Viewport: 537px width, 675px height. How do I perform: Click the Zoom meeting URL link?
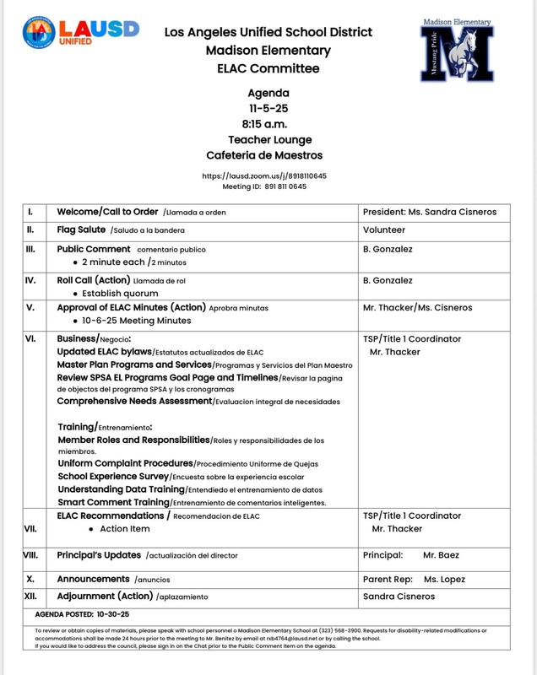pyautogui.click(x=264, y=175)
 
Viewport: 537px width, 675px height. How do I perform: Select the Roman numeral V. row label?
pyautogui.click(x=30, y=307)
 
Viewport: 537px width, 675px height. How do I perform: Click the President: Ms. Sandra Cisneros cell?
pyautogui.click(x=430, y=212)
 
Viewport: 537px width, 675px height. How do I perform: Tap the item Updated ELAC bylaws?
pyautogui.click(x=105, y=351)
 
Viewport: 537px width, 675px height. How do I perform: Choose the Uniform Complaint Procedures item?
pyautogui.click(x=125, y=463)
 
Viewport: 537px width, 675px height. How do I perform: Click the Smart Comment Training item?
pyautogui.click(x=118, y=502)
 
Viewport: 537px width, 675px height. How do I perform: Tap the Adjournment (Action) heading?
pyautogui.click(x=106, y=597)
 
